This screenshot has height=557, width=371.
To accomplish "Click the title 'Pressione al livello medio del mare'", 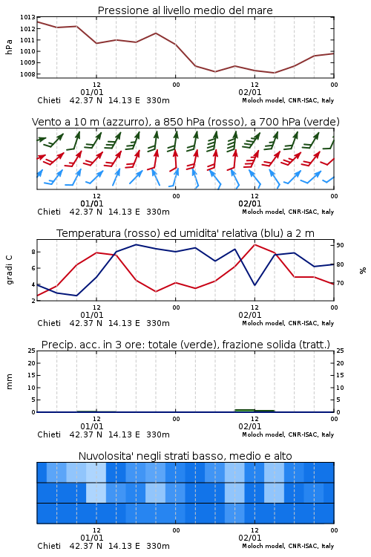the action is (185, 10).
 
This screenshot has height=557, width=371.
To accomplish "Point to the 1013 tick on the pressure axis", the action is (27, 17).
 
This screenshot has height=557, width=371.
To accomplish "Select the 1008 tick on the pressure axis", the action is (27, 74).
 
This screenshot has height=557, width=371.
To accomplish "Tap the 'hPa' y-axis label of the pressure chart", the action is (9, 47).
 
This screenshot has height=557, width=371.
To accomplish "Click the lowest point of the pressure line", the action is (274, 73).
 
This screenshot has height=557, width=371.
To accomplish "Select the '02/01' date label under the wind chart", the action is (249, 203).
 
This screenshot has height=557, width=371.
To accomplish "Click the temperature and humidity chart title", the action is (185, 233).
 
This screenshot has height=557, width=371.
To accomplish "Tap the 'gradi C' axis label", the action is (9, 270).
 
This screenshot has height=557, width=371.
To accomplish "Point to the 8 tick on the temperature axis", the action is (33, 252).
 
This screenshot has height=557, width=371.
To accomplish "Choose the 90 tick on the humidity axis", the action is (340, 245).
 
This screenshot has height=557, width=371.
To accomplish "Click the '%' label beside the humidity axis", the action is (363, 270).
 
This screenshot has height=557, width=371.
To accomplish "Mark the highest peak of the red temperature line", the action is (255, 244).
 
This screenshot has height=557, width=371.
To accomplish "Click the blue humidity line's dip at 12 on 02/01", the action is (255, 285).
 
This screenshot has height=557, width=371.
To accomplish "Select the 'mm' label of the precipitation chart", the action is (9, 382).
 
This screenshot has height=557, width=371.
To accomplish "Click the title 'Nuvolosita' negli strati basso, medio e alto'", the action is (185, 456).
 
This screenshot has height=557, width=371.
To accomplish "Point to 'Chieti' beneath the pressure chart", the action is (49, 100).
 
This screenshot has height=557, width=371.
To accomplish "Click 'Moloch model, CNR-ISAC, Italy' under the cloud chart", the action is (288, 546).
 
